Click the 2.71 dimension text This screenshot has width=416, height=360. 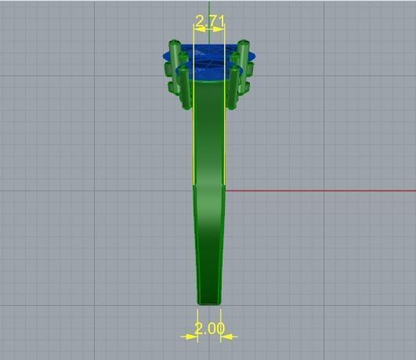(x=208, y=20)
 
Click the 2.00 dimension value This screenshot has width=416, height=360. (x=208, y=329)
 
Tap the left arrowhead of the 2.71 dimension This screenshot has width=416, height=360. (x=197, y=28)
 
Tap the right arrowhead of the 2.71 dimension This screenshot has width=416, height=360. (x=221, y=28)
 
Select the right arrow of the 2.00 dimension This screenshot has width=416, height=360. (x=228, y=336)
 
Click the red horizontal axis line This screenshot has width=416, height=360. (x=329, y=191)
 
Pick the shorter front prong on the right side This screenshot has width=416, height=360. (x=233, y=86)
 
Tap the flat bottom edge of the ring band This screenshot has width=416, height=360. (x=208, y=303)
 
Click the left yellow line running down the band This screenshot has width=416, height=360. (x=194, y=133)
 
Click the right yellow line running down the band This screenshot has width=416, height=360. (x=225, y=133)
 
